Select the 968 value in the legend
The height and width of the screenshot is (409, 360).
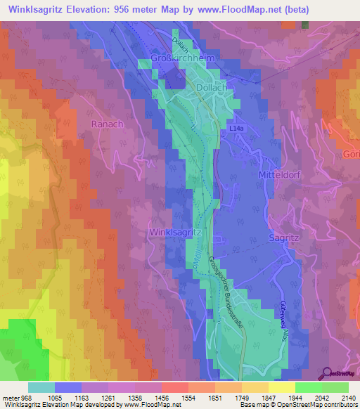point(23,398)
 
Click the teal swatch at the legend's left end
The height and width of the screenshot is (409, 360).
point(41,387)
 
